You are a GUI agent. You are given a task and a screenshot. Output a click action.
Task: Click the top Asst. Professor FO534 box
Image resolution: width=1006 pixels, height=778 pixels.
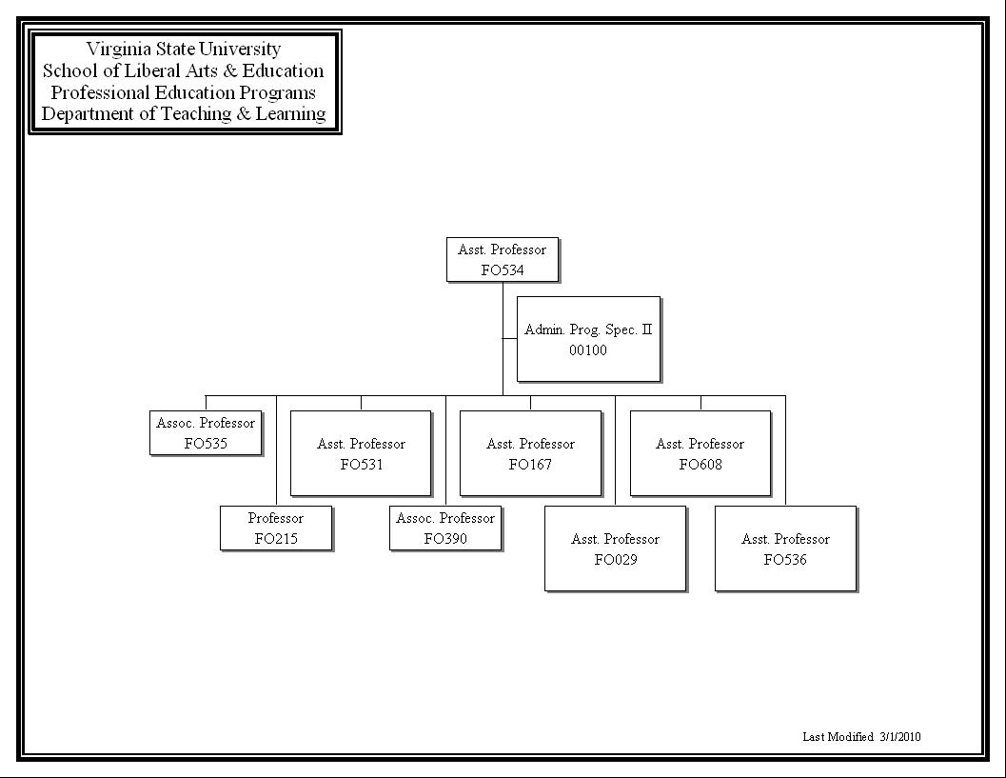(503, 260)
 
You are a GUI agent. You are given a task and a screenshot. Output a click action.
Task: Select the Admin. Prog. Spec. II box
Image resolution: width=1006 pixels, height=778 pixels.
(588, 339)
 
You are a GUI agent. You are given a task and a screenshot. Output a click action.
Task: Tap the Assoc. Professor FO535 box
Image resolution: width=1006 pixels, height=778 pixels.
(206, 433)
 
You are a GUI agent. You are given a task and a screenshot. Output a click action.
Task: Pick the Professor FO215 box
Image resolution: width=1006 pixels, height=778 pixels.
(276, 529)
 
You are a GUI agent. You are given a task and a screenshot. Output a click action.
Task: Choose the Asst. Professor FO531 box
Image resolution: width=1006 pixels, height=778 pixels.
(361, 453)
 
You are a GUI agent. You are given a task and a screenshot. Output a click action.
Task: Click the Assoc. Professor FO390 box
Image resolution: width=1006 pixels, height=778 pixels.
(445, 529)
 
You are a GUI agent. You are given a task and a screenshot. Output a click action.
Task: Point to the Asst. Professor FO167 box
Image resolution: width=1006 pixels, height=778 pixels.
(530, 453)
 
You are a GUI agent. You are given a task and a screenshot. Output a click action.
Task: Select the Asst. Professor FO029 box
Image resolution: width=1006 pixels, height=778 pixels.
(615, 549)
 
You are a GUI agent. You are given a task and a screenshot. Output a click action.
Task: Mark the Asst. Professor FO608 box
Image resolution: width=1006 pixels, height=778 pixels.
(700, 453)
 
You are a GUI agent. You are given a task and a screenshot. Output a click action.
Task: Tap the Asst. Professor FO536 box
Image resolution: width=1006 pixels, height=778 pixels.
(785, 549)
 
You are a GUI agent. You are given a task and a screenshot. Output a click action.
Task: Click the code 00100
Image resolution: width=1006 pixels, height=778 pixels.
(588, 350)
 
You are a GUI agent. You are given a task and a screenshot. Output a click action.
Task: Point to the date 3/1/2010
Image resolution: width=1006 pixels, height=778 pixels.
(900, 737)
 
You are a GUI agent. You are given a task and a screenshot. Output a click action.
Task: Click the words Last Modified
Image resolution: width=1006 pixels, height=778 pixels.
(838, 737)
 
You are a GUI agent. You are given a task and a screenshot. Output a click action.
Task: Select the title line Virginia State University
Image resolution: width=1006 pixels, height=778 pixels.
(184, 49)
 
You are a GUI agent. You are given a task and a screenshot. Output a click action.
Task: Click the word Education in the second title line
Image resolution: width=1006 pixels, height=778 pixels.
(283, 70)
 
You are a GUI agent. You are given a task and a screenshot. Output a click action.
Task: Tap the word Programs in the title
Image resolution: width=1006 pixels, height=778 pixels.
(278, 92)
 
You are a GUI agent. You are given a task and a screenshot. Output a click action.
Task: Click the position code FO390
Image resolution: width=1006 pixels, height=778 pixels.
(445, 539)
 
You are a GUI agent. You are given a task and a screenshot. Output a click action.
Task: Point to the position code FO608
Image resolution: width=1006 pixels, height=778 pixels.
(700, 465)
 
